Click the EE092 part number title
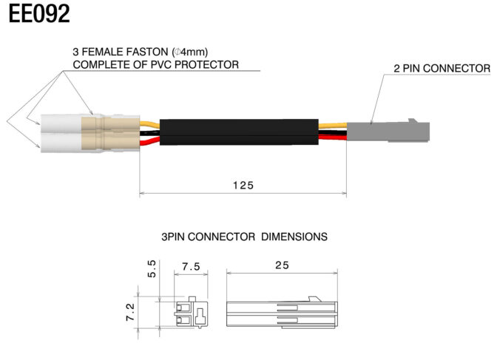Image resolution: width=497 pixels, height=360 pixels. point(39,14)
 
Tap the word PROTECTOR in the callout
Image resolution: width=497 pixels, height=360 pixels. point(206,64)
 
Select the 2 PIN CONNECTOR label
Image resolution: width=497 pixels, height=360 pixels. point(442,68)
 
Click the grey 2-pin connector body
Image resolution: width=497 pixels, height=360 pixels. point(388,131)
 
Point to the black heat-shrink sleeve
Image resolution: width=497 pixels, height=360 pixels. point(239,132)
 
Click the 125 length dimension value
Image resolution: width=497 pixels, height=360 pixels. point(243,185)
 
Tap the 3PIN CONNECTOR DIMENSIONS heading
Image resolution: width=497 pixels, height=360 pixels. point(244,237)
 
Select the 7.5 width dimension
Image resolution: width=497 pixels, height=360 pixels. point(191,267)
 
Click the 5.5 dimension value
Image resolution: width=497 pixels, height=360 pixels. point(152,269)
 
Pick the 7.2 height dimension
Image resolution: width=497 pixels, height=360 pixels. point(130,312)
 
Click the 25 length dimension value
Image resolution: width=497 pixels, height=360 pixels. point(282,265)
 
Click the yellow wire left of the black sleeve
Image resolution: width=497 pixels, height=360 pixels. point(149,124)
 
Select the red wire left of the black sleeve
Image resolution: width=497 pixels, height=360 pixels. point(149,140)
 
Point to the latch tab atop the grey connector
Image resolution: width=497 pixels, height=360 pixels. point(413,120)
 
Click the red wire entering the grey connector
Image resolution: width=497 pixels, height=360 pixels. point(333,137)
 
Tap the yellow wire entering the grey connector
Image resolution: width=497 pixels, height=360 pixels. point(333,126)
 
